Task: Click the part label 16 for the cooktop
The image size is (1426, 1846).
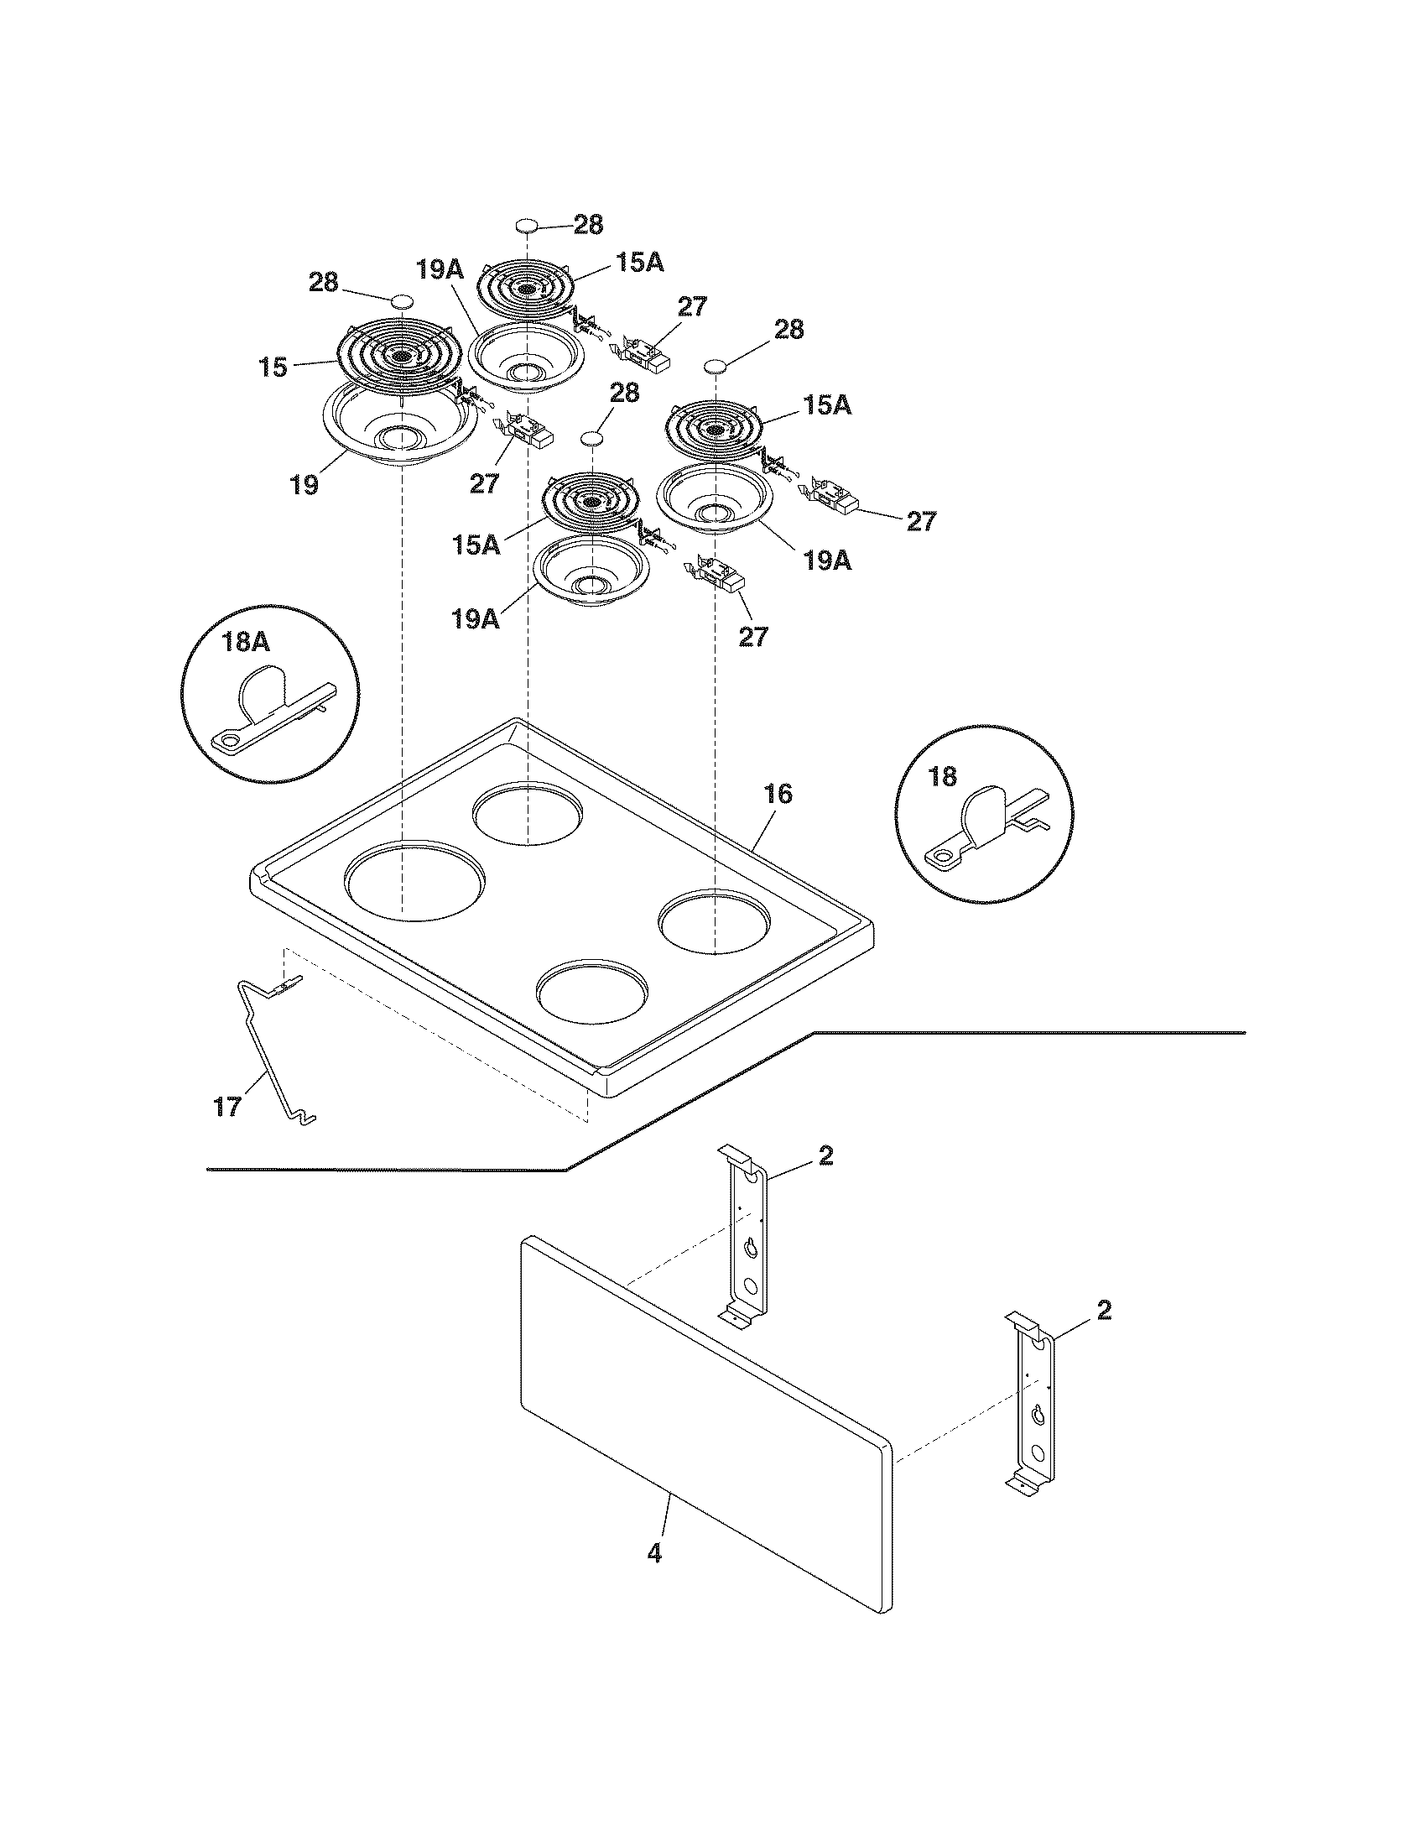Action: pyautogui.click(x=779, y=794)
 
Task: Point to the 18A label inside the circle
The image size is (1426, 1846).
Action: pyautogui.click(x=246, y=643)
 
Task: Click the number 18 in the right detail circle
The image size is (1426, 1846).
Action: pyautogui.click(x=943, y=776)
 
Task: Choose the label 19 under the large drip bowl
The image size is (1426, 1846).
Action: pyautogui.click(x=304, y=485)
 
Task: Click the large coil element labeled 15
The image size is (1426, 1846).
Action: pyautogui.click(x=400, y=355)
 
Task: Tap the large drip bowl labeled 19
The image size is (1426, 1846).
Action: pyautogui.click(x=401, y=424)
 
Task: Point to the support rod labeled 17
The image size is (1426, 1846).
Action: pyautogui.click(x=272, y=1050)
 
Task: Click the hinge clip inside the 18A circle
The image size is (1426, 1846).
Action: pyautogui.click(x=271, y=707)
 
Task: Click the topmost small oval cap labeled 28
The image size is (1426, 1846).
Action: pyautogui.click(x=526, y=226)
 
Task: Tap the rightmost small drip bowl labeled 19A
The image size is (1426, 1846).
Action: pyautogui.click(x=715, y=501)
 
